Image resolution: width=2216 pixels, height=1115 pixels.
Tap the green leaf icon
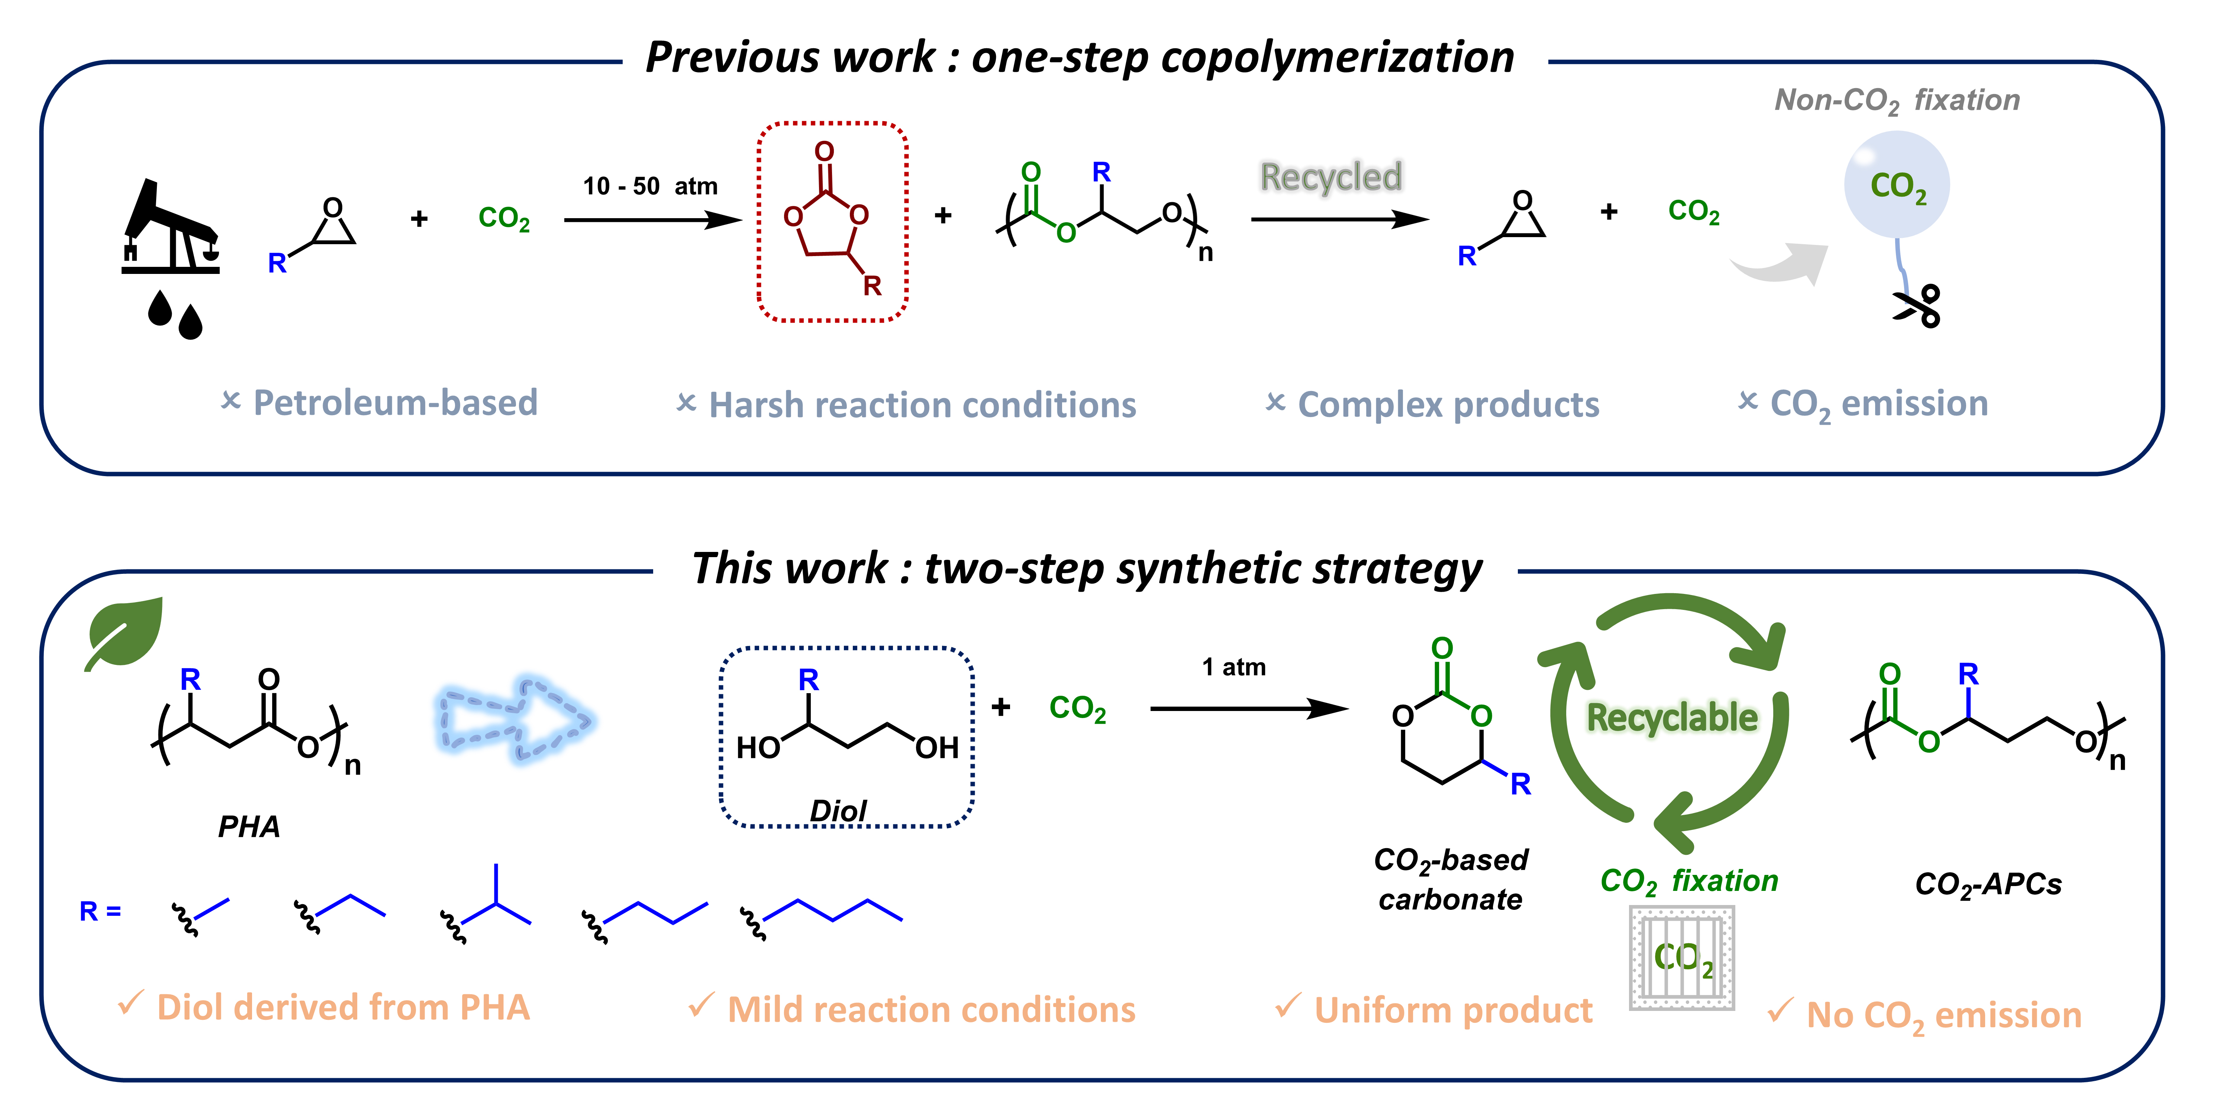125,632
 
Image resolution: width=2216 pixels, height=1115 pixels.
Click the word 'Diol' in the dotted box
838,811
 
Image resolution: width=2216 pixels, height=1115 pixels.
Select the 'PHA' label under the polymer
249,827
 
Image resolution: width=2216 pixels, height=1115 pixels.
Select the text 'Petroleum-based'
395,403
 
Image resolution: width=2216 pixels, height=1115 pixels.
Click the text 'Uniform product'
1453,1010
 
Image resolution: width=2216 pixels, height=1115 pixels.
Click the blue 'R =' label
100,911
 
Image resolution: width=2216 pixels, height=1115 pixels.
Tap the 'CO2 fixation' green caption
1688,881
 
